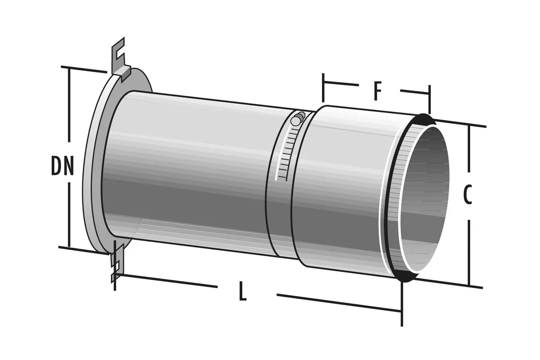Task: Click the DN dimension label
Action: click(62, 165)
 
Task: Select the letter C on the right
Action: click(467, 195)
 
